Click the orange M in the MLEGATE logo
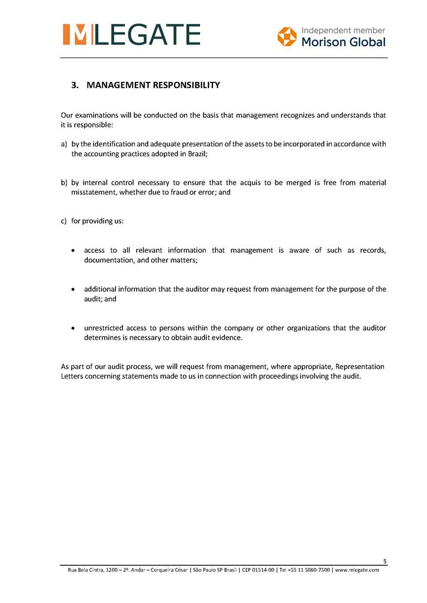(x=75, y=35)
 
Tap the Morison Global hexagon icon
(x=287, y=37)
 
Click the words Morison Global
(x=343, y=42)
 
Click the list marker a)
(x=64, y=144)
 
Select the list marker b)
(x=64, y=183)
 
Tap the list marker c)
(x=64, y=221)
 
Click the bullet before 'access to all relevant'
(x=74, y=251)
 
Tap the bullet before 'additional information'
(x=74, y=290)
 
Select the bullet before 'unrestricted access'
(x=74, y=328)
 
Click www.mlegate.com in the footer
(x=357, y=570)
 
